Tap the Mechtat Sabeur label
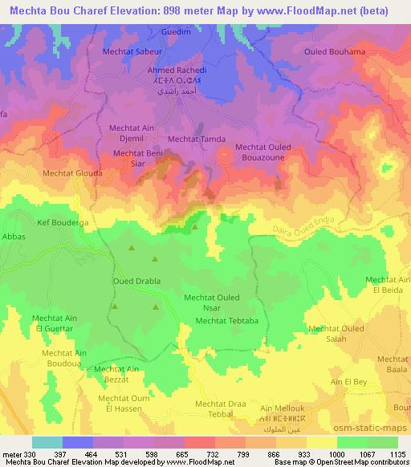(133, 51)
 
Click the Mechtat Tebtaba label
(227, 321)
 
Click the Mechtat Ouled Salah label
(336, 334)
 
